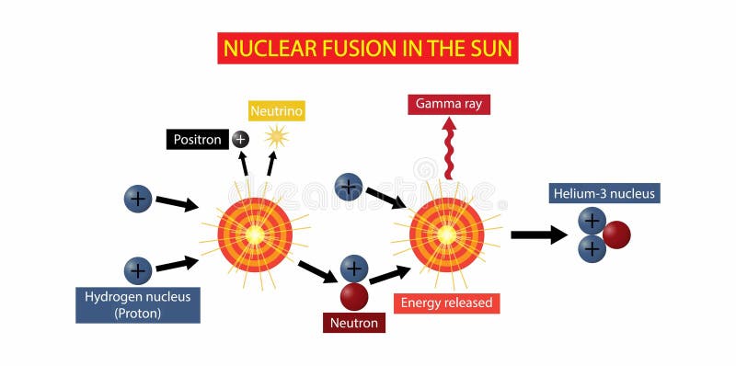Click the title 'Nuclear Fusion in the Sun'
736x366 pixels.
(x=367, y=47)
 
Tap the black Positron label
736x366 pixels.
(x=198, y=140)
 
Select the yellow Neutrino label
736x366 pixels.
(x=277, y=111)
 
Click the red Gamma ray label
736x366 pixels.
(x=449, y=103)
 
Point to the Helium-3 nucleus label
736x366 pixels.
(x=604, y=193)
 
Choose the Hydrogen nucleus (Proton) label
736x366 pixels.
(x=137, y=304)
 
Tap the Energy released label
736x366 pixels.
(x=446, y=303)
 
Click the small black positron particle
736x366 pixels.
(x=240, y=139)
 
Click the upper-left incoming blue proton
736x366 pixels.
(x=138, y=198)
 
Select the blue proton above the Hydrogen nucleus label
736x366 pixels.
(x=138, y=269)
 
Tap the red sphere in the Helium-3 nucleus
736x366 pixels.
(x=615, y=235)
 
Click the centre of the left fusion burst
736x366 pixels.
(x=255, y=234)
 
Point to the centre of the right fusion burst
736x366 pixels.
(x=446, y=234)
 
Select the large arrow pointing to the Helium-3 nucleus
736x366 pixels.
(x=538, y=234)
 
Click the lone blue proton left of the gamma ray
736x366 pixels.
(x=348, y=188)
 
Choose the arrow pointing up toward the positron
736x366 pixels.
(x=243, y=164)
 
